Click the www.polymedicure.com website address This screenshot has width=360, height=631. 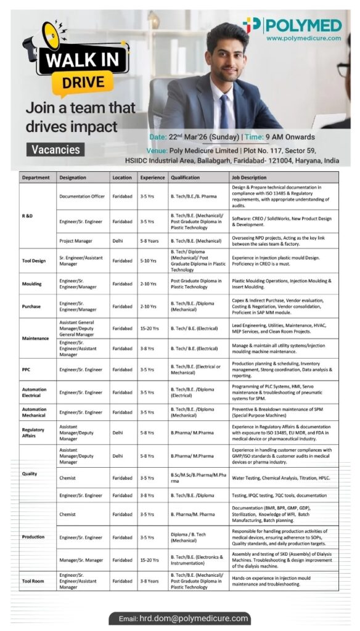pos(304,38)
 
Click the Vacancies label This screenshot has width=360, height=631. pos(56,150)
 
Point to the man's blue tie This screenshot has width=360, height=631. pos(224,115)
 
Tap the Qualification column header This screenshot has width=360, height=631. pos(186,177)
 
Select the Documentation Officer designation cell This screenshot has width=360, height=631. pos(82,197)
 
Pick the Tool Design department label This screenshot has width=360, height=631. pos(34,261)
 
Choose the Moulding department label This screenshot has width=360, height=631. pos(32,283)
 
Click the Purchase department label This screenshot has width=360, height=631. pos(31,306)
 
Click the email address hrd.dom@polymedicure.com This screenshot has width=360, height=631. pos(184,618)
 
